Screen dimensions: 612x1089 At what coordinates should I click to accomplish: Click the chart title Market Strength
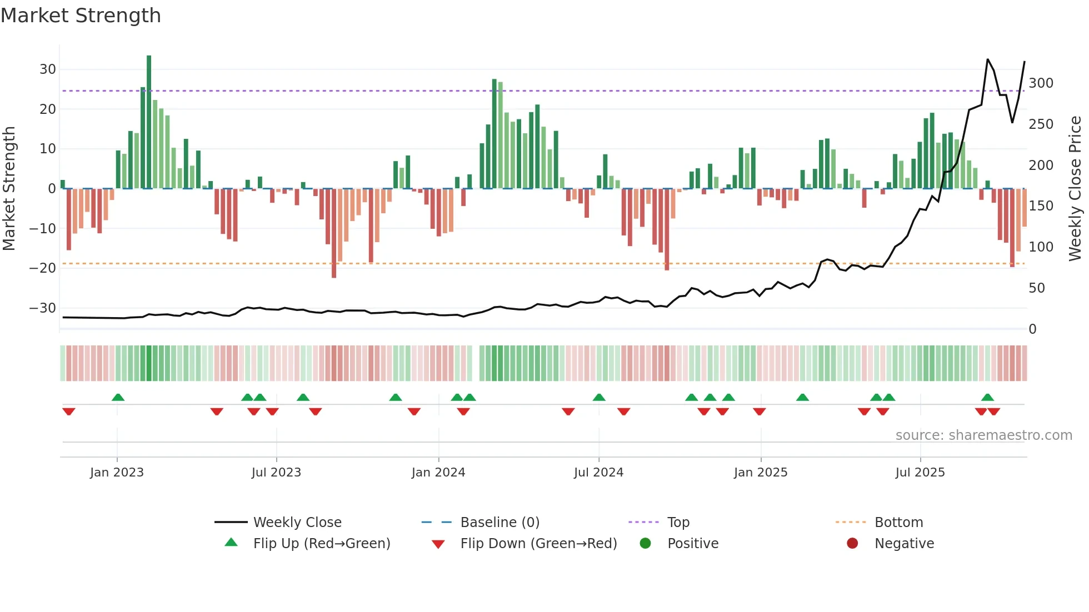(81, 16)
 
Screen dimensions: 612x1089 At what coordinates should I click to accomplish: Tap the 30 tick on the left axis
(48, 69)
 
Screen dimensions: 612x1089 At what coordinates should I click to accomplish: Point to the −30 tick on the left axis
(43, 308)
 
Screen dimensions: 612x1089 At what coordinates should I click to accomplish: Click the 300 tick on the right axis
(1041, 83)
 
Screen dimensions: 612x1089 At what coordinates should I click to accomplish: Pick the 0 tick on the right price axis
(1032, 329)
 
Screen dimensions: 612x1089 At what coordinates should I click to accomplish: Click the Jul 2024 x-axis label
(598, 473)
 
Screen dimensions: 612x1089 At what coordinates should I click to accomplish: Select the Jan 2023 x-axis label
(117, 473)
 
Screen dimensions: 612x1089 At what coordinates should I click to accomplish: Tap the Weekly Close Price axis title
(1075, 189)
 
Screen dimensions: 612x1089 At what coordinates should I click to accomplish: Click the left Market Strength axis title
(9, 189)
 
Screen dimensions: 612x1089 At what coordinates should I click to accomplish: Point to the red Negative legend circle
(852, 543)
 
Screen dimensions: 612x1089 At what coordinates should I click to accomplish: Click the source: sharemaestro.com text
(983, 435)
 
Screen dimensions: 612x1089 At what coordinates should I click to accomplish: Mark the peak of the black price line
(987, 59)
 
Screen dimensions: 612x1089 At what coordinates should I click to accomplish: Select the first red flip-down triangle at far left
(69, 412)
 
